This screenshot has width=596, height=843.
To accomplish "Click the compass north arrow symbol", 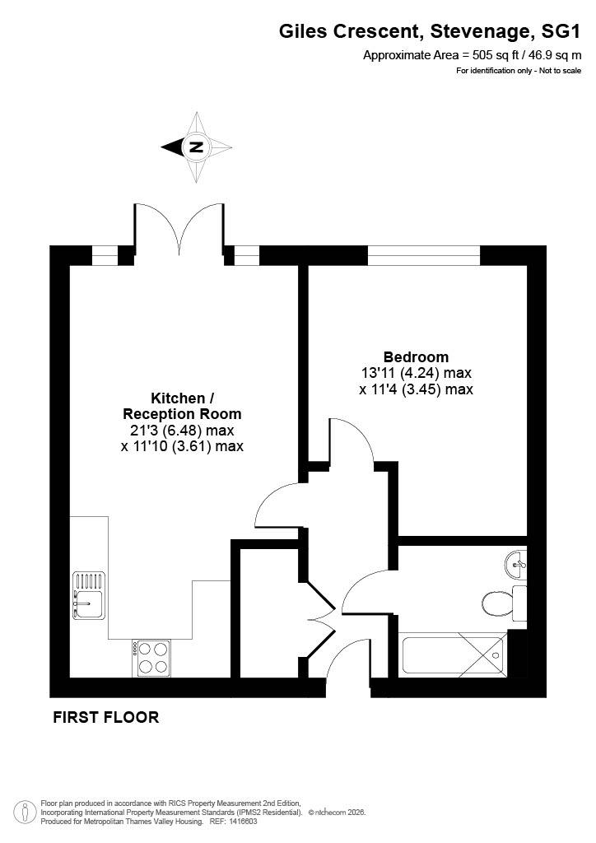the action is coord(197,147).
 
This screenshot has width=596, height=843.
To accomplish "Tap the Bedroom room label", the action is coord(416,356).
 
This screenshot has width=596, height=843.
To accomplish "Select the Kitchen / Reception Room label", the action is coord(182,406).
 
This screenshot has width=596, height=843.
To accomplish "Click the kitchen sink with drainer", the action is coord(89,594).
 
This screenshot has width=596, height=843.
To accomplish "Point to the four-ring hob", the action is coord(151,658).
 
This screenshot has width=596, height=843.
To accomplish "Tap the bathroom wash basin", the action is coord(516,565).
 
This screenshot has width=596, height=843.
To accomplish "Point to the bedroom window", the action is coord(423,255).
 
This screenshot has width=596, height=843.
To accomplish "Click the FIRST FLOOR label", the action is coord(106,717).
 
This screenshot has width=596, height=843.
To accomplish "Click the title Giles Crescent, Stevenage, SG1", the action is coord(430,32).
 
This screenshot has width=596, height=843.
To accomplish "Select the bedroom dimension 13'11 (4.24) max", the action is coord(416,372).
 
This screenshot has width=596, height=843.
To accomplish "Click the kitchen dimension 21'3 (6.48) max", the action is coord(182,430).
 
